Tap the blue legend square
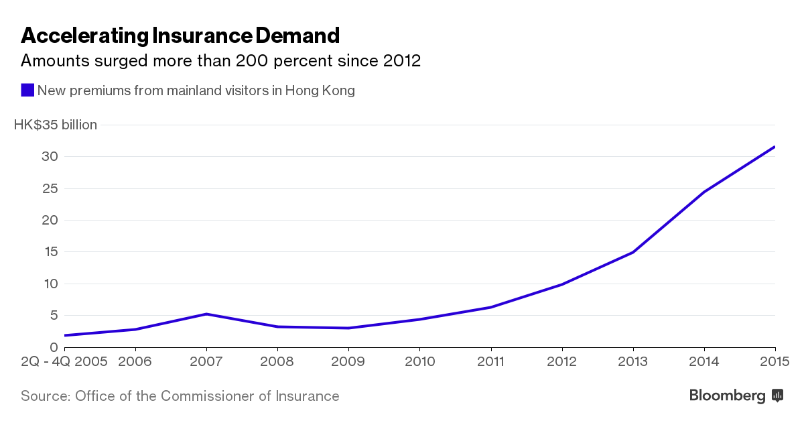27,90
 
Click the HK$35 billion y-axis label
56,125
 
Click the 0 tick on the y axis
55,347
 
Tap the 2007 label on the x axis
206,361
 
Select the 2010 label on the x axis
419,361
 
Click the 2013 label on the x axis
632,361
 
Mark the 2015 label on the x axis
775,361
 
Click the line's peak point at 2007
206,314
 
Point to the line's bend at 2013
632,252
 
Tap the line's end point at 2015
775,147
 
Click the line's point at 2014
703,192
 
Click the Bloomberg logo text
727,396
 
